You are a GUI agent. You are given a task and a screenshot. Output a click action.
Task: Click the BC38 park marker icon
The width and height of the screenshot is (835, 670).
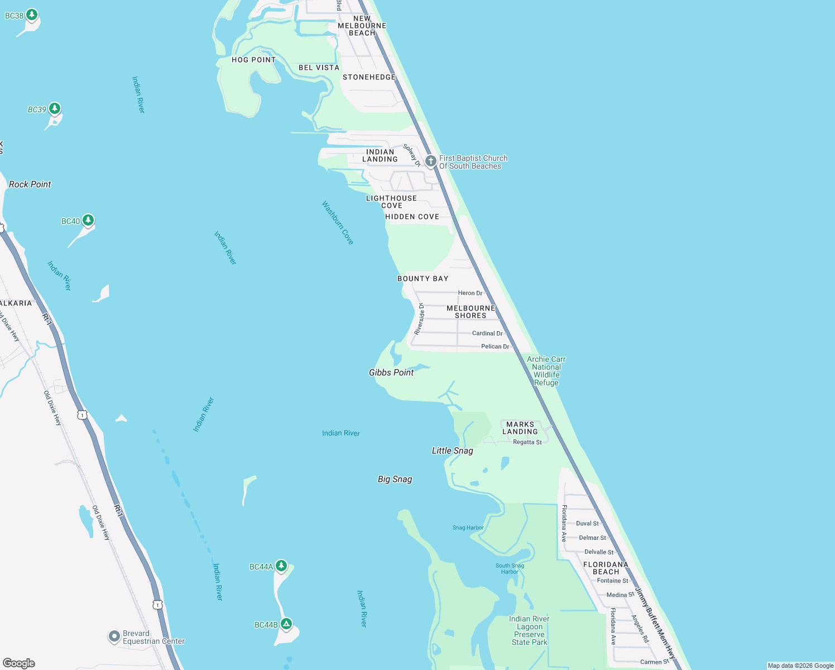click(x=32, y=15)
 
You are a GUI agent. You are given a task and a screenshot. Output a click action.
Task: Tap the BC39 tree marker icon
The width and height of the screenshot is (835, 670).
click(x=54, y=108)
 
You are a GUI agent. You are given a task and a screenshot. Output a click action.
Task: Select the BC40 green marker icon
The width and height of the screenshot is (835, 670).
click(x=88, y=220)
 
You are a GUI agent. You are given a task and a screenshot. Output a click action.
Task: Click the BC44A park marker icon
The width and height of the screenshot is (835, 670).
click(x=281, y=566)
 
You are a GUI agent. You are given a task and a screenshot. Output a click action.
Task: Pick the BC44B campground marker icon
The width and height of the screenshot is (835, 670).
click(x=286, y=624)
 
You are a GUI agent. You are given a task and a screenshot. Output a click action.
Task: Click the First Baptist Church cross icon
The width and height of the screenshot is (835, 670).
click(x=430, y=161)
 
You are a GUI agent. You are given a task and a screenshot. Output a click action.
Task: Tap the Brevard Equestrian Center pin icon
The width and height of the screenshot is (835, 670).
click(x=114, y=636)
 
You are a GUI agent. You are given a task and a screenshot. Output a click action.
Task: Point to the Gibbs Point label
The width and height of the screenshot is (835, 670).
click(x=391, y=372)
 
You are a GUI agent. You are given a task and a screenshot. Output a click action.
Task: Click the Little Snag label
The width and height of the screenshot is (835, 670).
click(x=452, y=451)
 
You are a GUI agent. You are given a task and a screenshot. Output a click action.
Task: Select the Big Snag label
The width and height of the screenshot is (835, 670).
click(x=395, y=479)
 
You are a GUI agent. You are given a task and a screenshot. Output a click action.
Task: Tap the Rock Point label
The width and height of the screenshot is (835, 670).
click(x=30, y=184)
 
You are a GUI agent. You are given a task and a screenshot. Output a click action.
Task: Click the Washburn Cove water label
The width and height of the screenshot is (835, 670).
click(x=338, y=223)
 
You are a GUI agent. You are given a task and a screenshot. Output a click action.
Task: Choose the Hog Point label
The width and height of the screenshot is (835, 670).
click(x=253, y=60)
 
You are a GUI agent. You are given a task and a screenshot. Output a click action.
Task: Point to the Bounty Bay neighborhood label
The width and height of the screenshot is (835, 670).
click(x=423, y=279)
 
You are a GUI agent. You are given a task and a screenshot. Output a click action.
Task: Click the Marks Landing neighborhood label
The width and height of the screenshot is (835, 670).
click(x=520, y=428)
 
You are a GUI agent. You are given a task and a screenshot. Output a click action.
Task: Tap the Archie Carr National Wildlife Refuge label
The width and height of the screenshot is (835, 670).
click(x=546, y=371)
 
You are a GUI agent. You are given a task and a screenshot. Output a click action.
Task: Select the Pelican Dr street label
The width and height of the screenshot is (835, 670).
click(x=495, y=347)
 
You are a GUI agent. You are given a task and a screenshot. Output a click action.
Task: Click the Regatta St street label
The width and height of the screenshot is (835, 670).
click(x=527, y=442)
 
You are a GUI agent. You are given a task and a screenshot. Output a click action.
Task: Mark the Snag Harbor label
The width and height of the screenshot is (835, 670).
click(x=468, y=528)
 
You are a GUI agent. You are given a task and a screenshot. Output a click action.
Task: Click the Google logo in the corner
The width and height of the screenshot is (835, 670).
click(x=19, y=663)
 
